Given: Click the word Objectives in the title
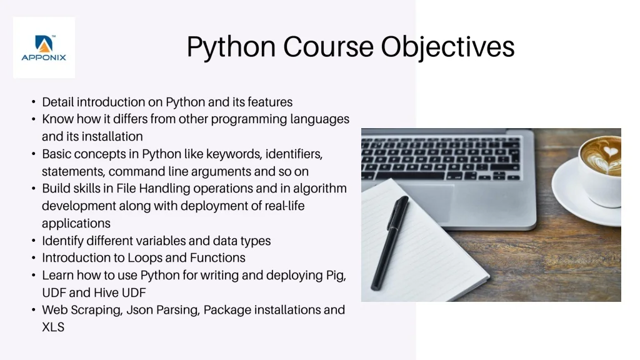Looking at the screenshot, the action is pos(447,47).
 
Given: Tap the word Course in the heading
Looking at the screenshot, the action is pos(328,46).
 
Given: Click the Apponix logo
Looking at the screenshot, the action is pos(44,47).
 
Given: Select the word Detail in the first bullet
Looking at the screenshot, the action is pos(57,102).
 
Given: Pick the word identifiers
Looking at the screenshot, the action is pos(294,154).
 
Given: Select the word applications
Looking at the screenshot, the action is pos(76,224).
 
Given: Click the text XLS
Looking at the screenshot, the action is pos(53,327).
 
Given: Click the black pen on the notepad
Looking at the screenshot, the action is pos(389,243).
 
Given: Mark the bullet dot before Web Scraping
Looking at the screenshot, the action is pos(34,310).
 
